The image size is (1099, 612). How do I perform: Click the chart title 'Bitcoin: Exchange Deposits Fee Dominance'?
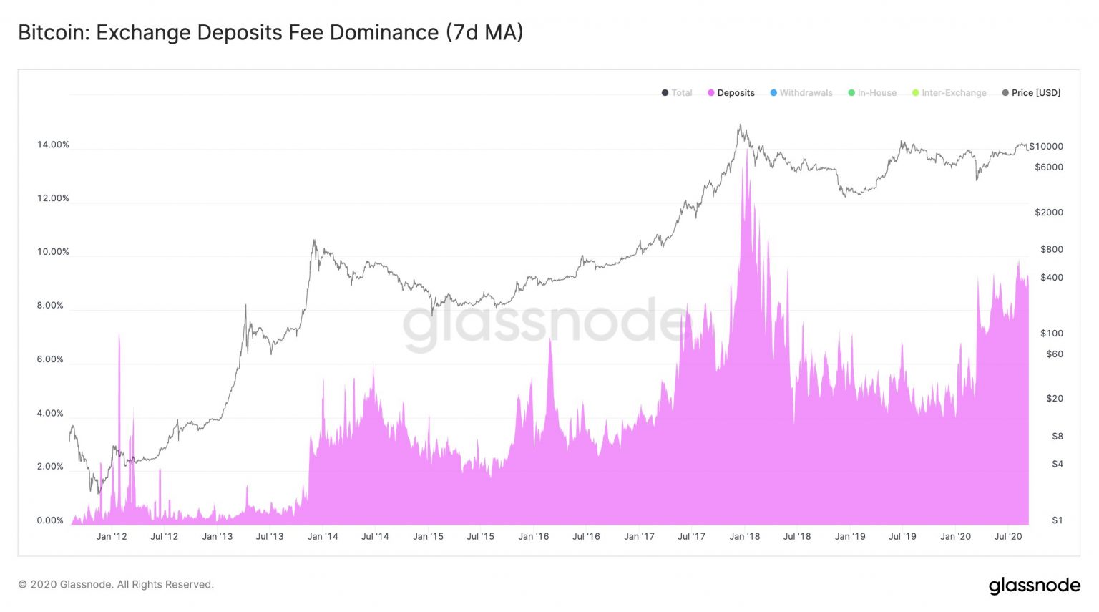point(270,33)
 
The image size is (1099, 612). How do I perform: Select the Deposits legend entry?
point(736,93)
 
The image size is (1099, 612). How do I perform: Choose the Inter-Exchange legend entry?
point(953,93)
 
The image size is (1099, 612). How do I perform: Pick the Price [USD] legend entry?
point(1035,93)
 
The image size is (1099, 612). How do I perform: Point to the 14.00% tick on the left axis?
point(53,145)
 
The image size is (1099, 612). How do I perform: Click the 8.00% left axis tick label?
point(50,306)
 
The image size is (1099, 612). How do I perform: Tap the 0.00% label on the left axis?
point(50,520)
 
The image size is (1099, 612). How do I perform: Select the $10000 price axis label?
point(1046,147)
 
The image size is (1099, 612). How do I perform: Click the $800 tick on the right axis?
point(1051,250)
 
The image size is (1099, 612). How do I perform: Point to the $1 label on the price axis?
point(1057,520)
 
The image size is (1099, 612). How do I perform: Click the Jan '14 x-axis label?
point(323,536)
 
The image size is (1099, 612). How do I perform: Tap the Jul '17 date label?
point(691,536)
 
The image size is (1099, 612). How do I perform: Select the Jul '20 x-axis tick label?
point(1008,536)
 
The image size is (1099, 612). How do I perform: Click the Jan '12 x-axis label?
point(112,536)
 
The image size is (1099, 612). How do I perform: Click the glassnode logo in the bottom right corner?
point(1034,586)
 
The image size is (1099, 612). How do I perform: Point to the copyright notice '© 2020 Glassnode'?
point(116,585)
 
